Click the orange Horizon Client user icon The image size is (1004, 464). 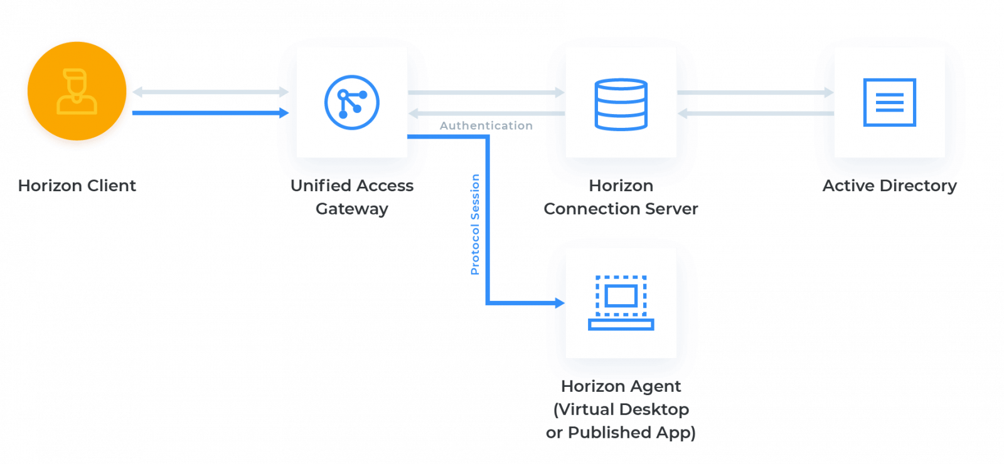coord(77,93)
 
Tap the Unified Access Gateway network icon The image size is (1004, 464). coord(351,102)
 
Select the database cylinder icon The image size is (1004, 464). coord(621,103)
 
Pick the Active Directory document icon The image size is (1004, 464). coord(889,102)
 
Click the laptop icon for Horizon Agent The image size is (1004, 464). coord(621,303)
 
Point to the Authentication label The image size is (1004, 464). coord(486,125)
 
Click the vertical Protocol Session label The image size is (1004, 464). coord(476,224)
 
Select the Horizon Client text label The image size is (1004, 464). coord(77,186)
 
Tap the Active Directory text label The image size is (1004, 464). coord(889,186)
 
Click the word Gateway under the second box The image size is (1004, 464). coord(351,209)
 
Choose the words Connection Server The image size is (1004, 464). coord(621,209)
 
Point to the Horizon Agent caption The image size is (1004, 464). coord(621,386)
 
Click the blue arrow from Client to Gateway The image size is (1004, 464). coord(210,113)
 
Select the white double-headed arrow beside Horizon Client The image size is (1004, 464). coord(210,93)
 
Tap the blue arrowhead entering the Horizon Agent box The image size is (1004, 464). coord(558,303)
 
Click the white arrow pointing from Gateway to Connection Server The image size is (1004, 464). coord(486,93)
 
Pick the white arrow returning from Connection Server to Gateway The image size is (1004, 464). coord(486,113)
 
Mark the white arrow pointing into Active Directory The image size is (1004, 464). coord(756,93)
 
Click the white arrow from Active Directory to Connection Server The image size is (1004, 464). coord(756,113)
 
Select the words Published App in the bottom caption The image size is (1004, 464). coord(630,433)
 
